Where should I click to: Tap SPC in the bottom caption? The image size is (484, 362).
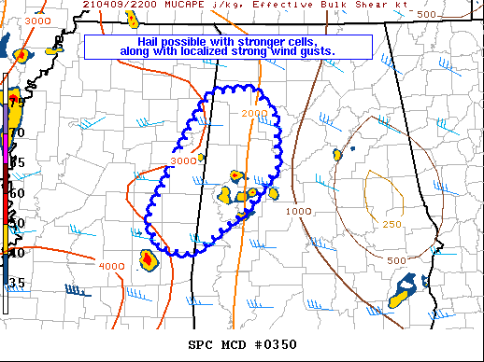200,344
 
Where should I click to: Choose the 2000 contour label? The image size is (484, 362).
253,113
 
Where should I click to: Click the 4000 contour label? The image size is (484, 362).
111,267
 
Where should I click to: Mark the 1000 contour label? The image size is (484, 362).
298,212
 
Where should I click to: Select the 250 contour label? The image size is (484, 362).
392,224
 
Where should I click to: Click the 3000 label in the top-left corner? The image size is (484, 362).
38,21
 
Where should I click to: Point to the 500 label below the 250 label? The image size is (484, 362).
396,260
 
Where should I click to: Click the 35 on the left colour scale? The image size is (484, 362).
16,283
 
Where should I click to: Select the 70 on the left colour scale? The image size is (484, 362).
16,132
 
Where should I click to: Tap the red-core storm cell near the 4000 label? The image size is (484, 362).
147,258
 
